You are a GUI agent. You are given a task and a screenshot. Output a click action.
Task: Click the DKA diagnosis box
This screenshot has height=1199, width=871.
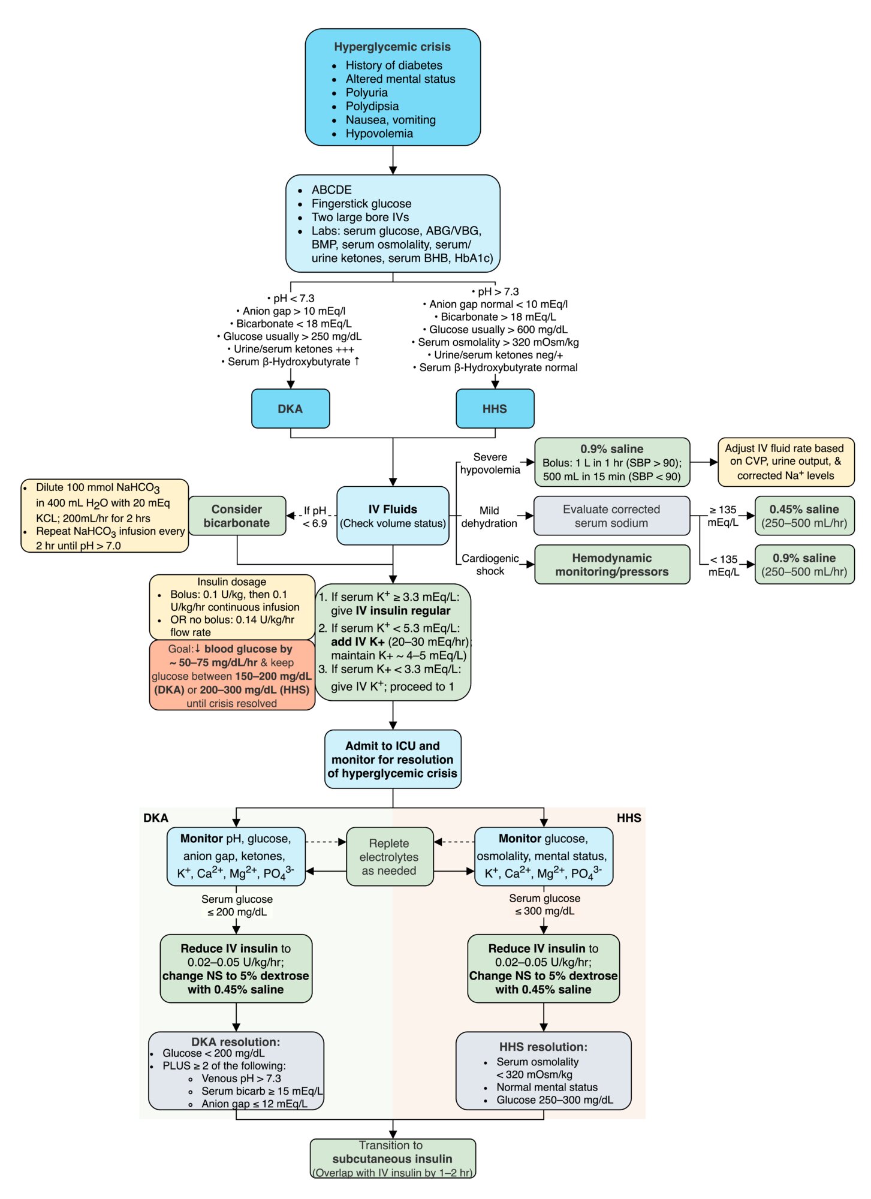[x=290, y=408]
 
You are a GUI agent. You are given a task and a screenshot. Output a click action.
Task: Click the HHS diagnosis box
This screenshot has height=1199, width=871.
[x=495, y=408]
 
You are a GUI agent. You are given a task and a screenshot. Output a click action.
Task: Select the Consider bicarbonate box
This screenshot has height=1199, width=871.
[x=237, y=516]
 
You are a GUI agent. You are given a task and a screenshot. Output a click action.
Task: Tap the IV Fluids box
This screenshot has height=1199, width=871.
[x=393, y=516]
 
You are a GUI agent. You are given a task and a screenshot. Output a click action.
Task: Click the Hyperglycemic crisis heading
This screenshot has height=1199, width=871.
[x=392, y=47]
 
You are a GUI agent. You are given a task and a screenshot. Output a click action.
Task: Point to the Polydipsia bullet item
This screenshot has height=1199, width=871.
[x=372, y=106]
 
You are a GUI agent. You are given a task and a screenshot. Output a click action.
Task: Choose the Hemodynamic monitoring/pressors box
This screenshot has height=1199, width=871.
[x=611, y=564]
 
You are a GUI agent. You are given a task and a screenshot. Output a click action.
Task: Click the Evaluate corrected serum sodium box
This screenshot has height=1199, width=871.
[x=611, y=516]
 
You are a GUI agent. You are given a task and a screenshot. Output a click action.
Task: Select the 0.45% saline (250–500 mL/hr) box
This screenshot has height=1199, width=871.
[x=804, y=516]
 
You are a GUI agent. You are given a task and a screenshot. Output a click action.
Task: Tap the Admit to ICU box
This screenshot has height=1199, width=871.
[x=393, y=759]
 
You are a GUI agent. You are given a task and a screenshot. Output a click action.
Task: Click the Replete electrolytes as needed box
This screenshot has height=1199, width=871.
[x=390, y=857]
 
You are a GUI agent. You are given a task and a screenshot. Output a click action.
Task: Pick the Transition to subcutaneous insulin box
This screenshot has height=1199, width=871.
[x=393, y=1158]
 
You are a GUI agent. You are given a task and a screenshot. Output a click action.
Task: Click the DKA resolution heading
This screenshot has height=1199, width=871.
[x=236, y=1042]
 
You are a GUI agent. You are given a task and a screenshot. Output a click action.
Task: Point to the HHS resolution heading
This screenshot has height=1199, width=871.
[x=543, y=1047]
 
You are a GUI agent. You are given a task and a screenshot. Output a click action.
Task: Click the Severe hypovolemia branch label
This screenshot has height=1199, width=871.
[x=490, y=463]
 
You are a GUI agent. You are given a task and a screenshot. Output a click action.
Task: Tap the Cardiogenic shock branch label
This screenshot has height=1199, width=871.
[x=490, y=565]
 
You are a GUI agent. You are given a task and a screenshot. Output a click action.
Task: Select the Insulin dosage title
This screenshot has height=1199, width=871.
[x=231, y=582]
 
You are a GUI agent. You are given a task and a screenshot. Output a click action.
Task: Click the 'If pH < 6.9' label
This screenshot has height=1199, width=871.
[x=315, y=517]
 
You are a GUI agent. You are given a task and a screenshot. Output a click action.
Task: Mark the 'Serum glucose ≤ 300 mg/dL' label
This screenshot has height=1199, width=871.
[x=544, y=905]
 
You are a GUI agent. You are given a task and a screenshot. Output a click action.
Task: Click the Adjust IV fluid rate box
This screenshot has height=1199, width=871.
[x=786, y=462]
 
